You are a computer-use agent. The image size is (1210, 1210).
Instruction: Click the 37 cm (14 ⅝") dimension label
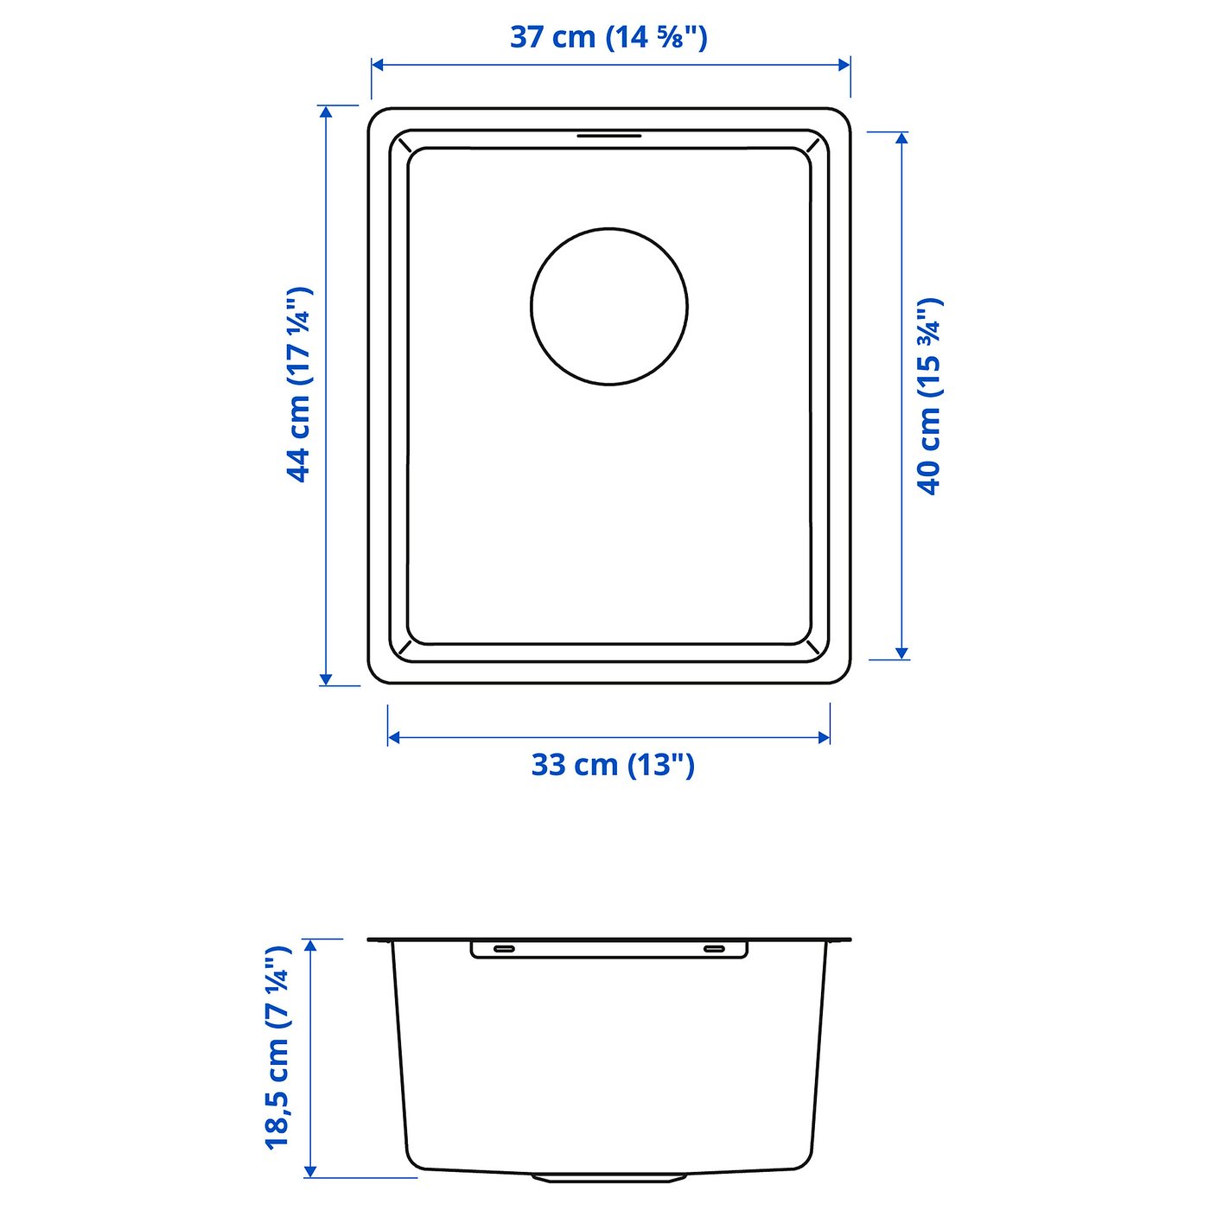(x=608, y=37)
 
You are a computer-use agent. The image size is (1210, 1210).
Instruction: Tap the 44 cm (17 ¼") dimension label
(x=299, y=384)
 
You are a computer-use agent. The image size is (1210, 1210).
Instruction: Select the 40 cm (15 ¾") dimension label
(x=930, y=396)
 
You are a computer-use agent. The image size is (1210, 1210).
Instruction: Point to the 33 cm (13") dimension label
(x=612, y=765)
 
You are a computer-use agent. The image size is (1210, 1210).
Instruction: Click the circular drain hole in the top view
(x=609, y=306)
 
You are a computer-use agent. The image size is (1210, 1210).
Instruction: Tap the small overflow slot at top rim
(x=609, y=136)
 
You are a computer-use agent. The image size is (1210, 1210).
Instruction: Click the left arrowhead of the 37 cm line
(x=378, y=65)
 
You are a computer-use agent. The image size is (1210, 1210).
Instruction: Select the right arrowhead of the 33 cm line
(x=824, y=737)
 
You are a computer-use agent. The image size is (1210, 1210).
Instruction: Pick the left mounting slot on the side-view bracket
(x=503, y=949)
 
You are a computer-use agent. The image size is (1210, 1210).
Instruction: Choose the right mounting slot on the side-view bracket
(x=714, y=949)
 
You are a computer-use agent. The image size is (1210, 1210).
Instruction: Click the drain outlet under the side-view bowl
(x=609, y=1177)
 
